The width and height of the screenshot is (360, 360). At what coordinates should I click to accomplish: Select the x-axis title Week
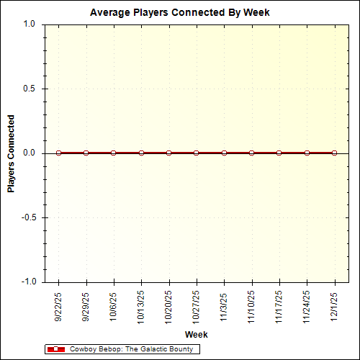196,335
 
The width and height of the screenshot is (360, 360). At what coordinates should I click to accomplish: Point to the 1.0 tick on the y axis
29,24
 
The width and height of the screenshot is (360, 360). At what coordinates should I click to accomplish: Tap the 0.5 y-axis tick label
29,89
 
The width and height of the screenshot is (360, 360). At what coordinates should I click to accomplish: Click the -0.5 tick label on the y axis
27,217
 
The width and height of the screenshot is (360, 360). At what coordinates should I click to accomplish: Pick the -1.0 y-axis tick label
27,282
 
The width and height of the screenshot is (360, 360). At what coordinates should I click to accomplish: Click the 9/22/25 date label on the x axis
59,306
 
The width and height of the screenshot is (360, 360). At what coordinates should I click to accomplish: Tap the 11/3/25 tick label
225,306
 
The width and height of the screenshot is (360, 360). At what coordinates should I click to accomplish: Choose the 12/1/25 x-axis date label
335,306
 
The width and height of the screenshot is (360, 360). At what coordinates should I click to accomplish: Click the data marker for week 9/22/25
58,153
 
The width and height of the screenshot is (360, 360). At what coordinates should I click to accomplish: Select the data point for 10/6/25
114,153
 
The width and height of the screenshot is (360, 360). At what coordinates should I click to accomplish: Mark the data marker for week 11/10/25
251,153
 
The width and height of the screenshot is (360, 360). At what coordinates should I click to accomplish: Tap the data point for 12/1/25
334,153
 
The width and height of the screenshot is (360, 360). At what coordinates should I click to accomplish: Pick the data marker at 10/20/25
168,153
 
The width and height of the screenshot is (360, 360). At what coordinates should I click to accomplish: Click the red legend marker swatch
55,349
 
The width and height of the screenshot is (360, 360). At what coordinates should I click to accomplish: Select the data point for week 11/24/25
307,153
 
